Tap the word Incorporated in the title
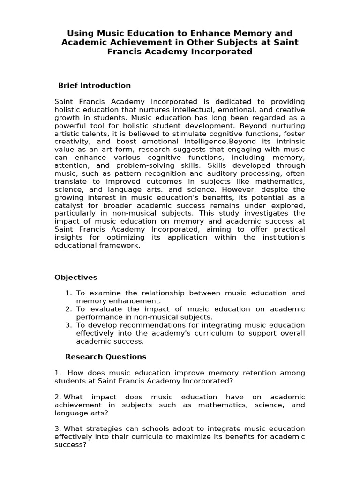219,52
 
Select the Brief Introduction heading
94,85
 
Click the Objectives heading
76,277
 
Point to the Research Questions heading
106,357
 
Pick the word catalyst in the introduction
69,205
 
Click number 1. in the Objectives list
68,293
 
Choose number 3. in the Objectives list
68,325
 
